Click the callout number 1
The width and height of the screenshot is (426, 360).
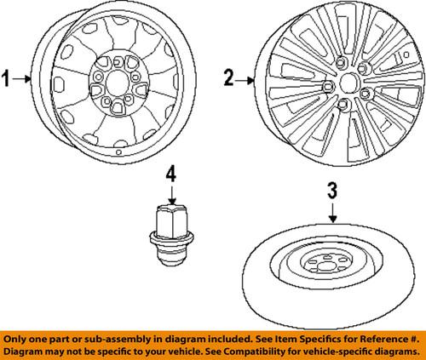point(8,80)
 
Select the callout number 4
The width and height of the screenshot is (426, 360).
point(170,174)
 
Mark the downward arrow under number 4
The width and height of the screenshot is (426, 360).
point(170,194)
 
